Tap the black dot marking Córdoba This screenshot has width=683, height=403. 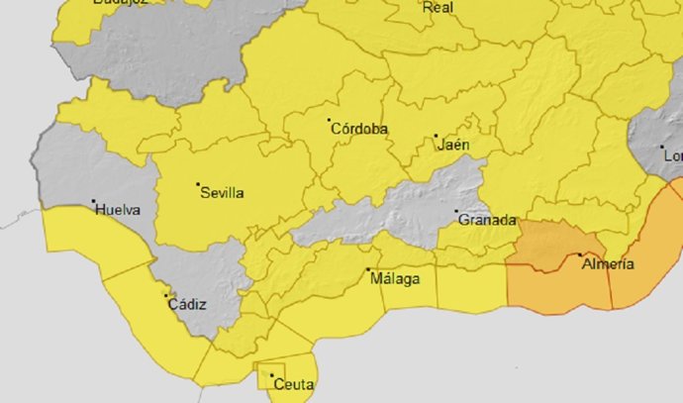330,121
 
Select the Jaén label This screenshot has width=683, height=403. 453,145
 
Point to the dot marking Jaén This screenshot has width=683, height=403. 436,137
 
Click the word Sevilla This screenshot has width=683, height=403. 222,193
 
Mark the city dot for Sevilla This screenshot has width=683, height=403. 198,184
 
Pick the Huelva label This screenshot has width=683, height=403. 117,210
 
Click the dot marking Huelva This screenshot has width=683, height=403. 94,203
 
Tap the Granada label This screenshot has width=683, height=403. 485,220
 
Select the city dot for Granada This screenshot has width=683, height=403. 456,212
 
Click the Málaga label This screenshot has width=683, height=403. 394,278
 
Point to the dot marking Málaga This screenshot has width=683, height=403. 368,270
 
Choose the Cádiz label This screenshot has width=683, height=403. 187,304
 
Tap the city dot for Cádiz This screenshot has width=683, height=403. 166,295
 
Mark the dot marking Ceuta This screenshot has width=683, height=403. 271,375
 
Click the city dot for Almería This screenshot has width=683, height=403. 580,255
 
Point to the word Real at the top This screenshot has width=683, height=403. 438,8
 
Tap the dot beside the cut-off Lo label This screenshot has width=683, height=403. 662,148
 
